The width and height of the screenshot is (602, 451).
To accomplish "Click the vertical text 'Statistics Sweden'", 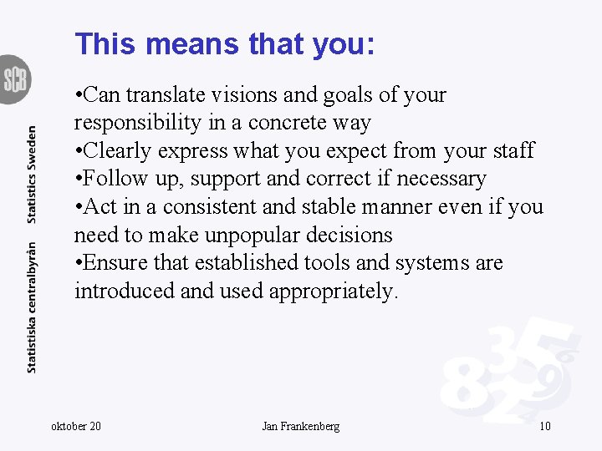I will pos(32,174).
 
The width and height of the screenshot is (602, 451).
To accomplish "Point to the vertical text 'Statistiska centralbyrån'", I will pos(32,307).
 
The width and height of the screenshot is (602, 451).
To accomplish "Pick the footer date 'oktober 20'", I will pos(76,427).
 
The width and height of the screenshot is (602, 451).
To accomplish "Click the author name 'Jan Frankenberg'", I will pos(300,427).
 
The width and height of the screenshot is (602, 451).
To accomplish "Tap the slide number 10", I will pos(544,427).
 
